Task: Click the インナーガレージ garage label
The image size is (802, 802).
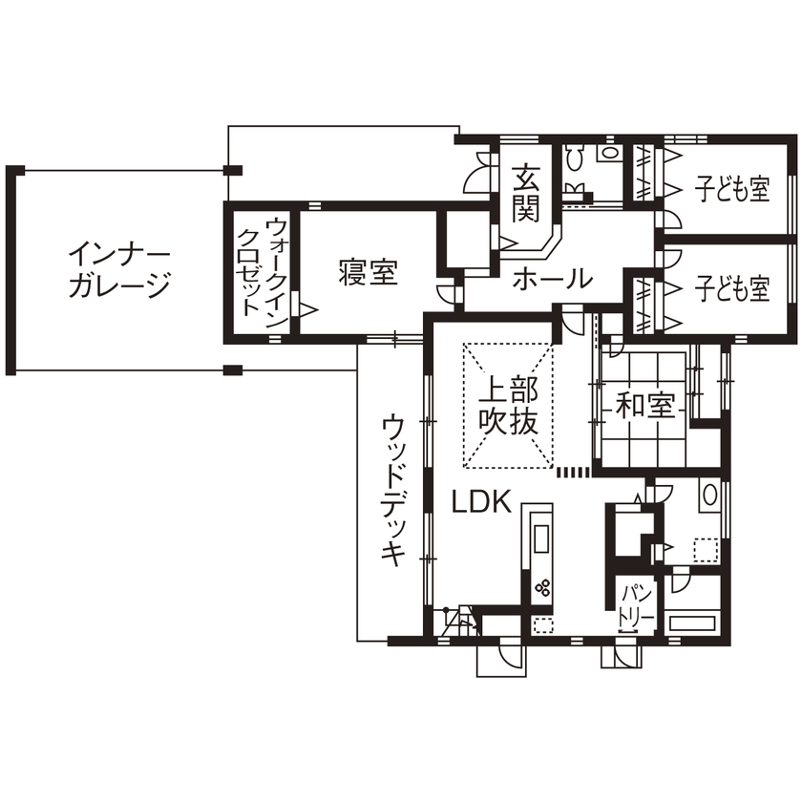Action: click(x=118, y=270)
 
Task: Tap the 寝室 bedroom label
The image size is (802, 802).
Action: click(x=368, y=273)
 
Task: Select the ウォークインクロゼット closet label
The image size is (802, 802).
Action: click(x=261, y=267)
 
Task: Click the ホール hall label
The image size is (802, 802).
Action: click(x=552, y=279)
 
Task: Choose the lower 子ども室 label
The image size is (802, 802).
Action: click(x=731, y=288)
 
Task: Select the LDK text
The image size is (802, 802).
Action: click(x=482, y=502)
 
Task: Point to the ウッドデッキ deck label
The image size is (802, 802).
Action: click(x=393, y=491)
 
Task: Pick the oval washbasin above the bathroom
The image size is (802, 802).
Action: click(x=707, y=496)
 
